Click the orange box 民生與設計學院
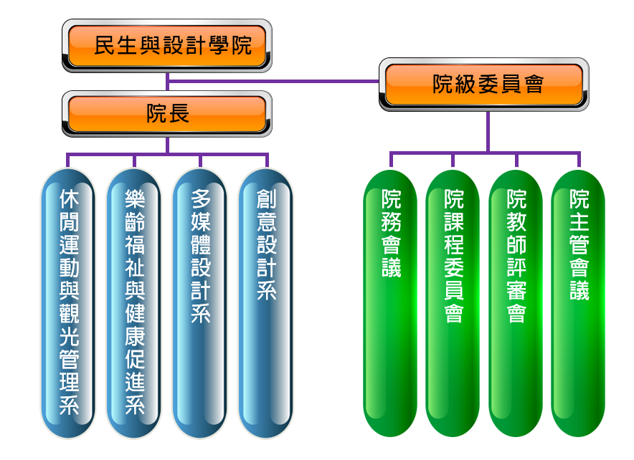point(167,46)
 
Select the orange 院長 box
point(167,113)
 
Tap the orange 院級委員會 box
point(484,85)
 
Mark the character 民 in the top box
point(105,47)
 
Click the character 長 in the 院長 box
point(179,113)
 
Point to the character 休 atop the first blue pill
point(69,198)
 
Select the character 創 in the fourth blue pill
point(266,198)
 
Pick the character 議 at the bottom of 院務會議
point(391,267)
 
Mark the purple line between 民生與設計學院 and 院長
point(167,82)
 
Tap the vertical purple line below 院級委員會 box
point(488,131)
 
